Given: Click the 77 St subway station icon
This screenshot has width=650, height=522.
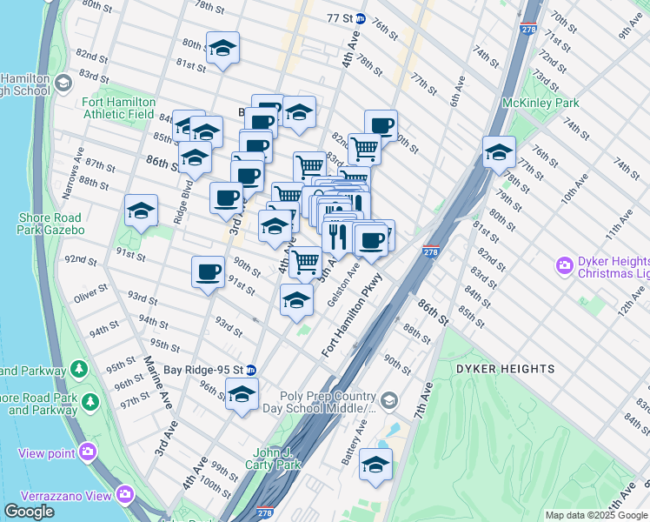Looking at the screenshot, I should (x=360, y=18).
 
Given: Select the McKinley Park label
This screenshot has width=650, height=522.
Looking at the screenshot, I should (x=541, y=103).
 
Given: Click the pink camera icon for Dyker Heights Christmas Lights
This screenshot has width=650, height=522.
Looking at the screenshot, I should (x=565, y=264).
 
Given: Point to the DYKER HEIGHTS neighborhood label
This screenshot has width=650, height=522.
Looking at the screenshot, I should (x=505, y=369).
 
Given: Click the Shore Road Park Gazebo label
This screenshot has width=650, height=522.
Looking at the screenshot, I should (x=50, y=224).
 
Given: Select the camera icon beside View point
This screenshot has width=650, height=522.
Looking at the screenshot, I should (x=87, y=452).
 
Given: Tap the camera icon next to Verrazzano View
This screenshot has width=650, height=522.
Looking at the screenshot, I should (x=126, y=495).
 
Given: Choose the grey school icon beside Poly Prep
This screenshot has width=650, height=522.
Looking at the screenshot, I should (x=388, y=401).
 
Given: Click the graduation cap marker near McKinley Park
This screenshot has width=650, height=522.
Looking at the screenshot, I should (x=498, y=152).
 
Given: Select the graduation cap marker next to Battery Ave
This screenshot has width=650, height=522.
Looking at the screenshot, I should (x=375, y=465).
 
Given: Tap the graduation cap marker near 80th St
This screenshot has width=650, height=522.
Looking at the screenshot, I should (x=222, y=49).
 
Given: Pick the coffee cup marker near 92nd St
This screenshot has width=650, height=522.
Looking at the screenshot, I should (x=208, y=271).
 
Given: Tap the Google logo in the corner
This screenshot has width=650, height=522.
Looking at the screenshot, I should (x=29, y=512).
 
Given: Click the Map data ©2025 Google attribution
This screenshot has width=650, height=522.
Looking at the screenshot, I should (x=595, y=515).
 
